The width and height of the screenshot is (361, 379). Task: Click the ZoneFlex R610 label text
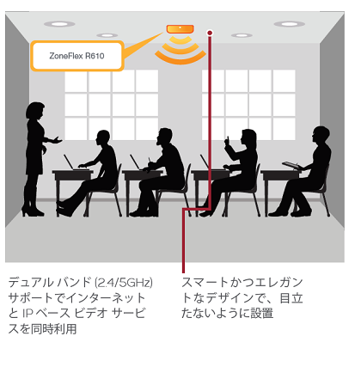(76, 56)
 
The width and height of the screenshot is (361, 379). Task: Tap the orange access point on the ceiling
(180, 29)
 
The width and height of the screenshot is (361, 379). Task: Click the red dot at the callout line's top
(210, 33)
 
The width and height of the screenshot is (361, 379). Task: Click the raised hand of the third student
(228, 141)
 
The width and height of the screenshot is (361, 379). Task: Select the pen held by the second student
(149, 160)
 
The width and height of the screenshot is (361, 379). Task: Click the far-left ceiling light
(59, 24)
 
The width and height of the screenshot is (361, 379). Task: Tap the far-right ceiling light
(289, 24)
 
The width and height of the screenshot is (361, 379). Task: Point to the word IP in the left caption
(28, 313)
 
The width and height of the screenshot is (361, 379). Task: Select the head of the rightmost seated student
(321, 136)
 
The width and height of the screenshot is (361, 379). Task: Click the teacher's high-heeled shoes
(33, 211)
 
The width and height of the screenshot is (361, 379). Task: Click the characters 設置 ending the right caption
(262, 313)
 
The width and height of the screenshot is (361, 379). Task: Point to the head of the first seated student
(102, 139)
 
